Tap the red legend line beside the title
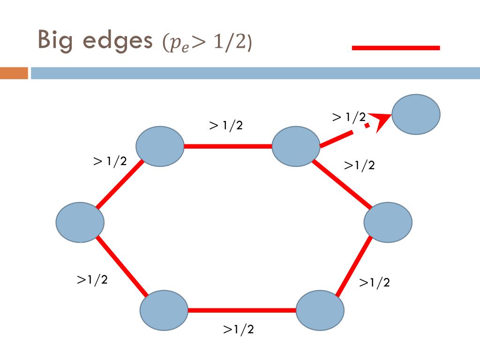point(396,48)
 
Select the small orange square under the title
point(14,73)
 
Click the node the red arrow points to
point(415,114)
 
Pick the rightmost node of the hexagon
point(388,222)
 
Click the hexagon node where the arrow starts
point(296,146)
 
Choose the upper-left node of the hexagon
point(159,146)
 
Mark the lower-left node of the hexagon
point(164,310)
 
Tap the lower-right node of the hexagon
point(320,310)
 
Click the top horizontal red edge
point(227,146)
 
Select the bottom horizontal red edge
point(241,310)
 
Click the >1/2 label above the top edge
point(226,126)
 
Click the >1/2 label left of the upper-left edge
point(110,161)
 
